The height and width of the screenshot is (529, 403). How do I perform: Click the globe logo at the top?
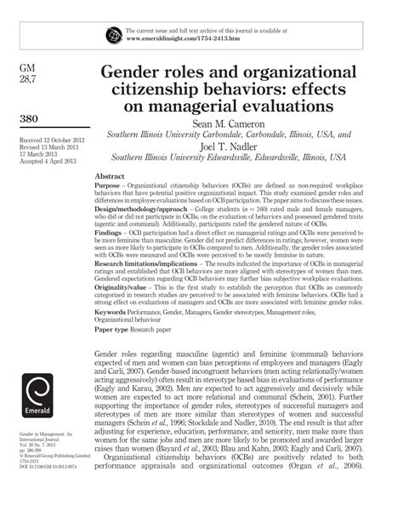(114, 35)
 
